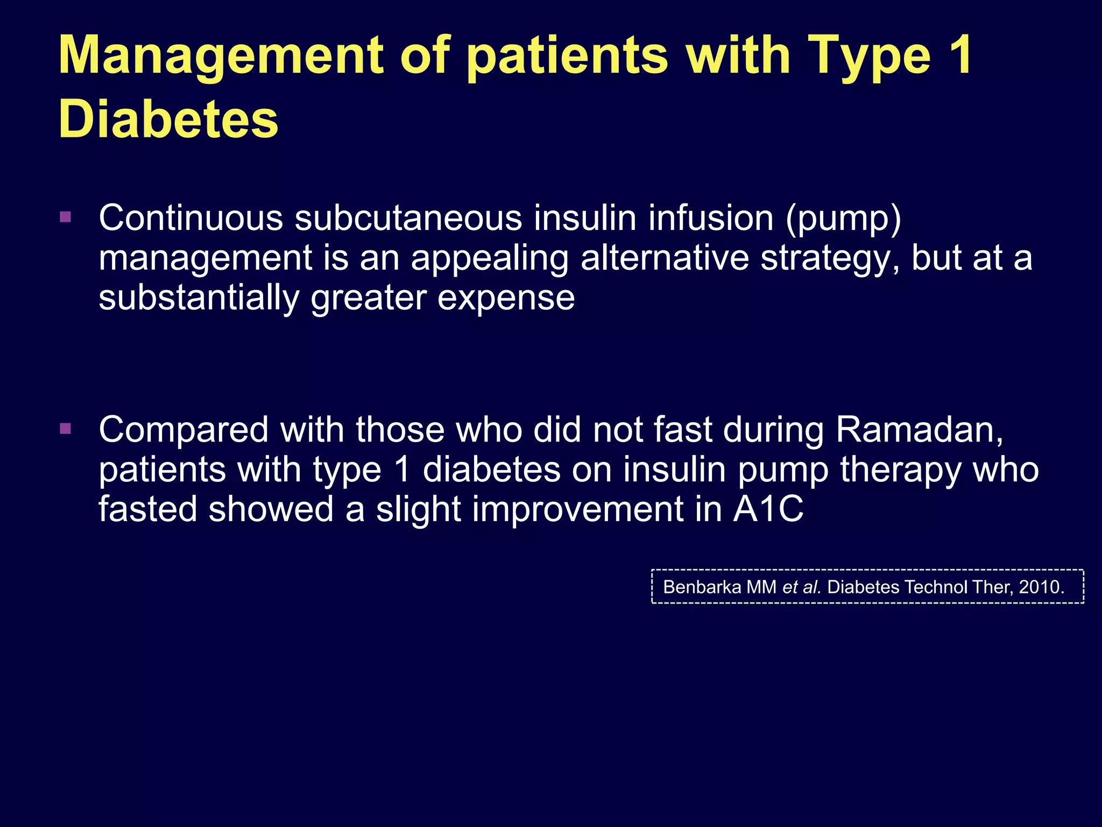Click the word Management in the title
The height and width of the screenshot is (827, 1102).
[221, 56]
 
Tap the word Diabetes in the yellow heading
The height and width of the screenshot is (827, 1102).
[168, 120]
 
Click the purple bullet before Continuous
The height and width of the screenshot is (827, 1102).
[66, 218]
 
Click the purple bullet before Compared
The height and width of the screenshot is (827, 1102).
[66, 429]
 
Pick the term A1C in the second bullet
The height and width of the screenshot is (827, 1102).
[768, 509]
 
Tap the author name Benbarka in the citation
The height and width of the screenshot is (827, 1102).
[702, 587]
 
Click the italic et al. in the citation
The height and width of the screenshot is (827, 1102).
[801, 587]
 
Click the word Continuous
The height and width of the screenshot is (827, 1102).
[191, 219]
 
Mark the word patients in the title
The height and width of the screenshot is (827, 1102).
[567, 56]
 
